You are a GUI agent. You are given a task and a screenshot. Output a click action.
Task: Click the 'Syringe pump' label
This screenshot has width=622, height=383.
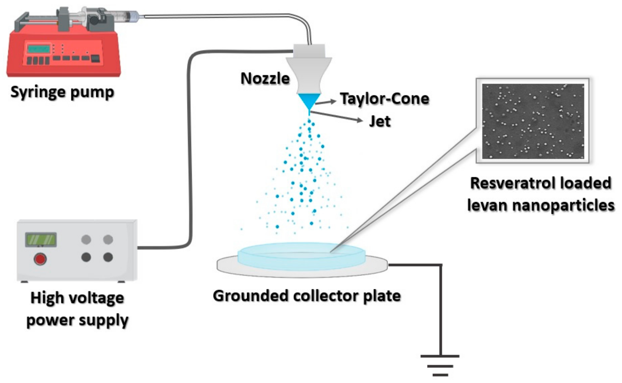tap(62, 92)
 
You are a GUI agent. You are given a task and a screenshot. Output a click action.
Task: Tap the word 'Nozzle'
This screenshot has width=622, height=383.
tap(265, 79)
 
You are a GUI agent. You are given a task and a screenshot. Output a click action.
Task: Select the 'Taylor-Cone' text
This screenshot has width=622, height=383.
tap(384, 99)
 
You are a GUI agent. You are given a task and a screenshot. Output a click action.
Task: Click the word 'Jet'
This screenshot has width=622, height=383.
tap(380, 121)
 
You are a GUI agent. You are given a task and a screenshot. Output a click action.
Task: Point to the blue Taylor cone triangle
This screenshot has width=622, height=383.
tap(309, 100)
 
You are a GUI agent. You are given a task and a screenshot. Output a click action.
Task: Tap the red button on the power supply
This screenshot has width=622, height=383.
tap(40, 259)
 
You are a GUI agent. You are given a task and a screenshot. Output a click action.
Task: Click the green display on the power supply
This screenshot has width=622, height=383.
tap(41, 239)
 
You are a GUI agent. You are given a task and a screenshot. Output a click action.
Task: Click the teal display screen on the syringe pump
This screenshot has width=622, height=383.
tap(39, 49)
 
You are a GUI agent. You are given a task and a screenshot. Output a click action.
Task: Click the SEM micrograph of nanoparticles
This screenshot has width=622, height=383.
tap(533, 121)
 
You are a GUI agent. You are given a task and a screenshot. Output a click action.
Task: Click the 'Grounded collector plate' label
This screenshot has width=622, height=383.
tap(307, 296)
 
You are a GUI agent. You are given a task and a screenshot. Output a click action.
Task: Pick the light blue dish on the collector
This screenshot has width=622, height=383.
tap(302, 256)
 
